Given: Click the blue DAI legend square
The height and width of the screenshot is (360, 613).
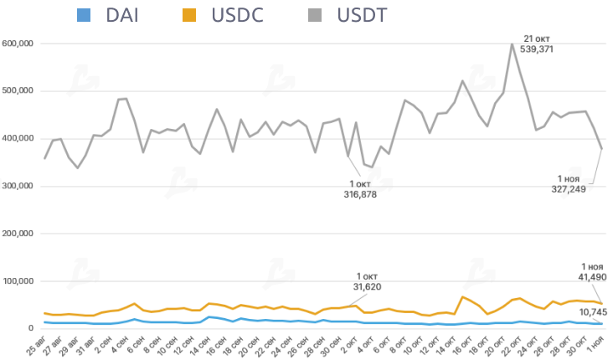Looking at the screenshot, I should point(83,14).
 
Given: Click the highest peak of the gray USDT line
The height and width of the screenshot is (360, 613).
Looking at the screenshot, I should point(512,44).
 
